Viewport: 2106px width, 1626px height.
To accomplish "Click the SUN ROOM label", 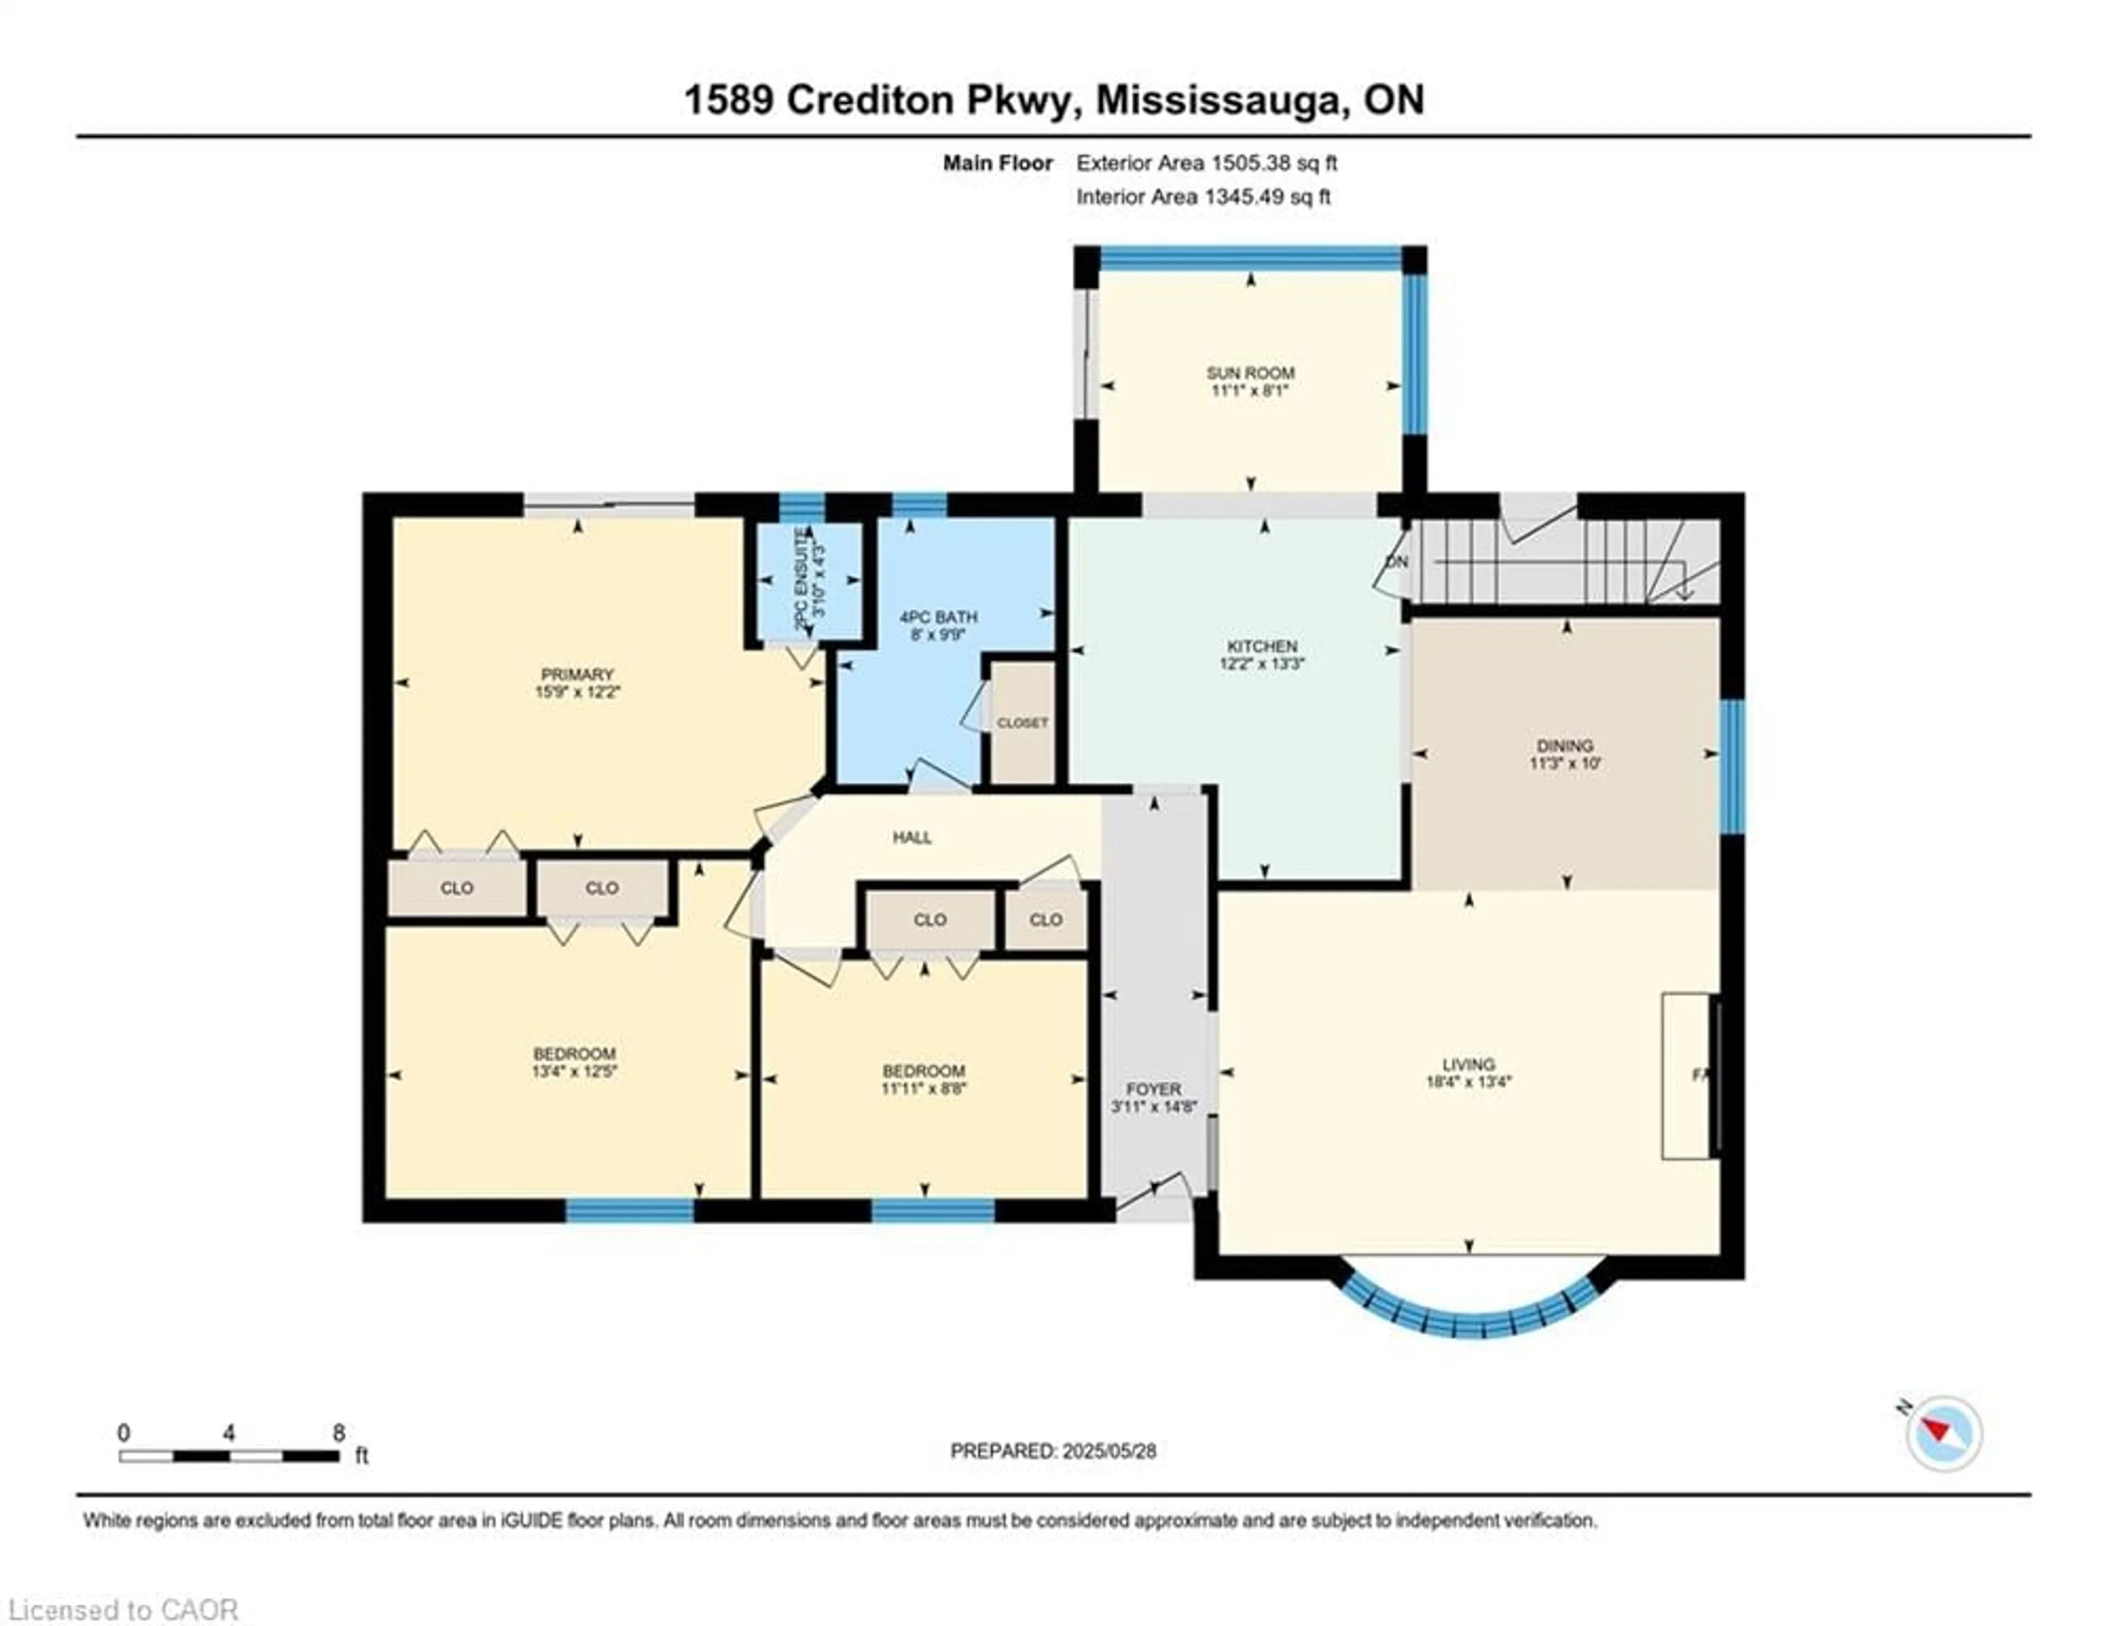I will click(x=1250, y=372).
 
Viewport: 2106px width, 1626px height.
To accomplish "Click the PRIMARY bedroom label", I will click(x=576, y=674).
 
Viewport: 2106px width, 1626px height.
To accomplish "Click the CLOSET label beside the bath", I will click(x=1022, y=722).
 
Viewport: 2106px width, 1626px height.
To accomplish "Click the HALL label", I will click(x=912, y=837).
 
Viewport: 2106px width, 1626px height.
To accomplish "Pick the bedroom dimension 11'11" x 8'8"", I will click(x=924, y=1088).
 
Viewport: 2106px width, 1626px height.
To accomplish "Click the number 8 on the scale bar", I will click(x=338, y=1433).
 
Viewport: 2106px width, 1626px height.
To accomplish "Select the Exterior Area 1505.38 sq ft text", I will click(x=1207, y=163).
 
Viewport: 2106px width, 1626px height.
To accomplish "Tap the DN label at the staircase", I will click(x=1396, y=561).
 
